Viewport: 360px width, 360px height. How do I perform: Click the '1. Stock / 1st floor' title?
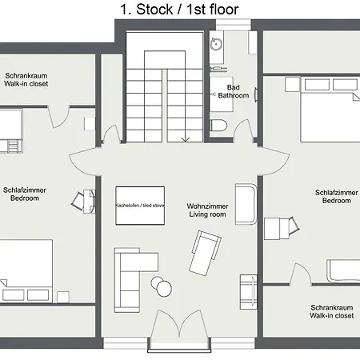179,10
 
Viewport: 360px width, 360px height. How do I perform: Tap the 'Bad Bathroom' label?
234,91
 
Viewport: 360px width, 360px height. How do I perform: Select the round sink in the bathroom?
216,44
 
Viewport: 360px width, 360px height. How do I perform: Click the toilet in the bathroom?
218,125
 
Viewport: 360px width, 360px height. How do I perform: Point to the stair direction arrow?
186,138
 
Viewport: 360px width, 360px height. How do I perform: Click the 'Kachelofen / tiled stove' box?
140,206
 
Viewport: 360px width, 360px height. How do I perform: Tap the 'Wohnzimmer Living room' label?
207,210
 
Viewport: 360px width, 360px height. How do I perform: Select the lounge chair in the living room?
205,254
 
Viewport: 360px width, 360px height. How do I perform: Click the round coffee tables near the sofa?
162,286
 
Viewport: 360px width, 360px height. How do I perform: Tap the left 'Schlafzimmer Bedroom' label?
25,194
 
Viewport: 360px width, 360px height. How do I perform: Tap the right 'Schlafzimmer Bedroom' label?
337,197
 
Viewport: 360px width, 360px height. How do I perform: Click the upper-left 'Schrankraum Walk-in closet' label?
26,80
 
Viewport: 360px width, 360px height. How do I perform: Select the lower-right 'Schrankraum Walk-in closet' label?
332,311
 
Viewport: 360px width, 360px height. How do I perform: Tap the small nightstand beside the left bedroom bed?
63,297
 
